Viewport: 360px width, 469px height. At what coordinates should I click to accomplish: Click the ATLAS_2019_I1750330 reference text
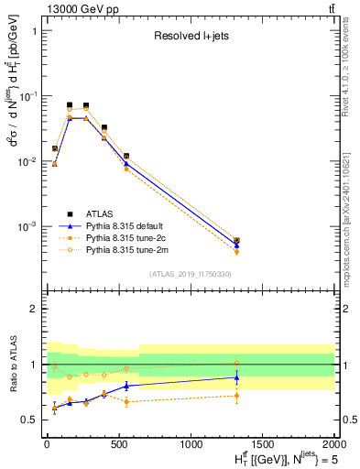click(190, 274)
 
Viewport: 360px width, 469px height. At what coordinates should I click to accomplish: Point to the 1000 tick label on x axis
click(191, 442)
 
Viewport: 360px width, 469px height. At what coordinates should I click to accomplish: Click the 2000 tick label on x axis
click(334, 442)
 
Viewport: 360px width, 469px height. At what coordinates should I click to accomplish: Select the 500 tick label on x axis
click(118, 442)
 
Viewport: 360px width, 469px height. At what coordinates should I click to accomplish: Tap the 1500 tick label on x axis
click(263, 442)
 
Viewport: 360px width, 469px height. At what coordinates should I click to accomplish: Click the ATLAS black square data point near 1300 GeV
click(236, 241)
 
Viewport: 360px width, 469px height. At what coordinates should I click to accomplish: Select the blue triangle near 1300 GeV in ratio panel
click(236, 376)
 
